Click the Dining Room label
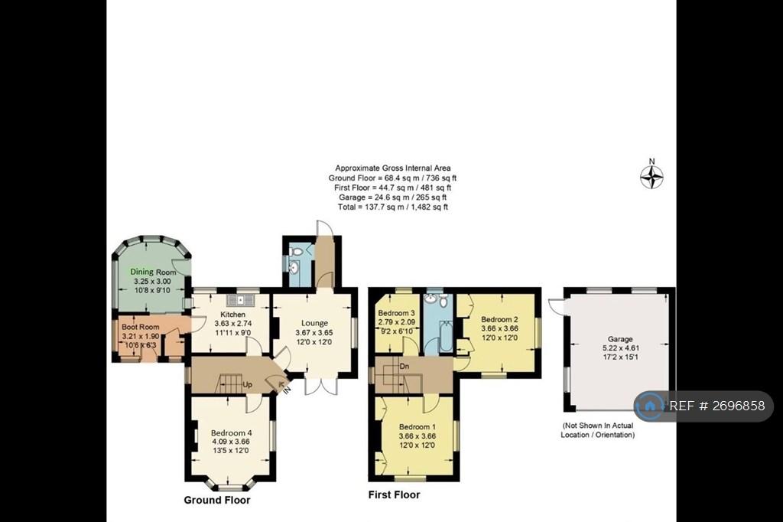click(153, 272)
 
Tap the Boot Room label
click(141, 327)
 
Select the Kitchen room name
click(232, 315)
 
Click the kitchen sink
click(241, 300)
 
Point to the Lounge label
click(314, 324)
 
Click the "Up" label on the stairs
click(247, 384)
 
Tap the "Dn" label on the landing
click(404, 367)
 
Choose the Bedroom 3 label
click(397, 313)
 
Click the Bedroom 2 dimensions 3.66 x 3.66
click(499, 328)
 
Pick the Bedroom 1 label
click(417, 427)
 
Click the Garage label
click(620, 339)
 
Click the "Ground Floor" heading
click(217, 500)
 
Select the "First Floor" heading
click(394, 495)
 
